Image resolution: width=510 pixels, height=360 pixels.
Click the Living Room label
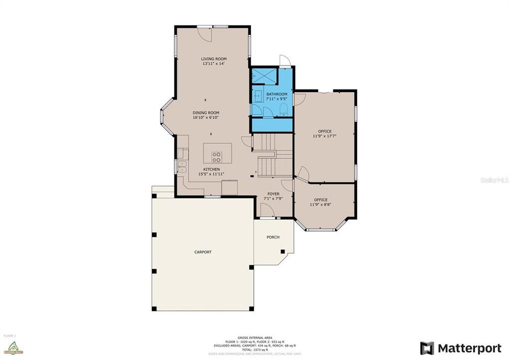click(214, 59)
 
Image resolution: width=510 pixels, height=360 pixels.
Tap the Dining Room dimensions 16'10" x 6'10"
click(206, 118)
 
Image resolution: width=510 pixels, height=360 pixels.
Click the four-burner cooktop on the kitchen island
click(216, 157)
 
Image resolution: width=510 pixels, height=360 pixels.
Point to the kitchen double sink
click(182, 166)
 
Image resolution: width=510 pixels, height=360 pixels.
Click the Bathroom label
click(276, 94)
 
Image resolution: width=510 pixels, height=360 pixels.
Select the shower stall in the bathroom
click(263, 75)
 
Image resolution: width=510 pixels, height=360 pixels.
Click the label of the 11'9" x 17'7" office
click(325, 131)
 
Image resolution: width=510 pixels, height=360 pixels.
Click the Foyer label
click(273, 194)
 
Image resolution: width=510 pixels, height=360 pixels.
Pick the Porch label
click(273, 237)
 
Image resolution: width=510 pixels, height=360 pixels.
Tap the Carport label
click(203, 252)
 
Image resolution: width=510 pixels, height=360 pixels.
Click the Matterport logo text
click(469, 348)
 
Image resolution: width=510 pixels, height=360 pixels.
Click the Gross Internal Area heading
click(255, 338)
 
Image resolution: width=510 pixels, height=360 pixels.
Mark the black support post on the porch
click(282, 251)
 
